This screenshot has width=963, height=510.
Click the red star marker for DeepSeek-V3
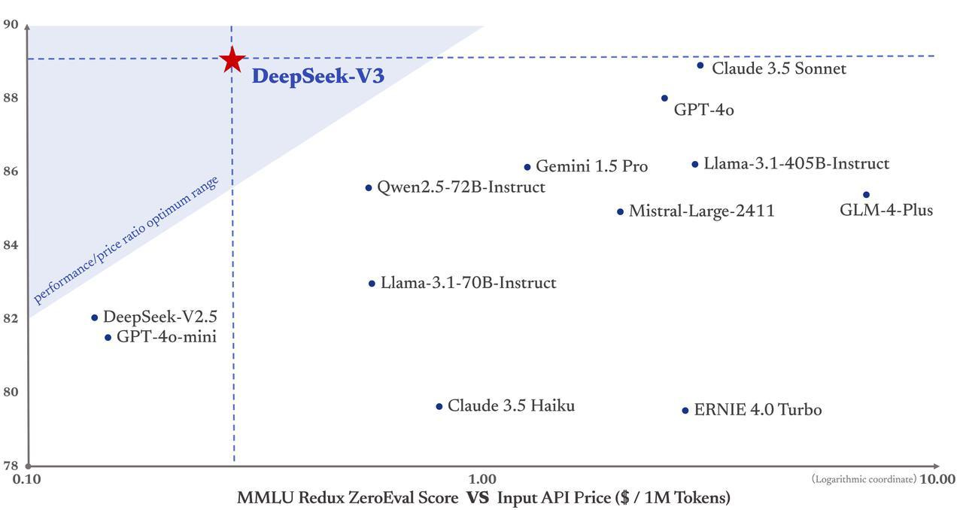[x=232, y=59]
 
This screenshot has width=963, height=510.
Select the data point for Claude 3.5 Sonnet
[x=700, y=65]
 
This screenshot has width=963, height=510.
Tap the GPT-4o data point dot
[x=664, y=99]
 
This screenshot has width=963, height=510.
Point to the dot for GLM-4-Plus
[x=866, y=195]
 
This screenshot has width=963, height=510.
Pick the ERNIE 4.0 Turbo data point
[x=685, y=411]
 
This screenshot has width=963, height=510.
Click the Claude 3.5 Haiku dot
[x=439, y=407]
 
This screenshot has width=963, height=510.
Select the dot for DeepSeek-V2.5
[x=94, y=317]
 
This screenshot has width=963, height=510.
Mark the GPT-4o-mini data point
[x=108, y=338]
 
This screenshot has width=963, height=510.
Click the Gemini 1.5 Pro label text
[x=591, y=167]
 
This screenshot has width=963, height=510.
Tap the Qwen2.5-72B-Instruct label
[x=460, y=187]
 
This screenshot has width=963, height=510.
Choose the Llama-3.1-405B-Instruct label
[x=796, y=164]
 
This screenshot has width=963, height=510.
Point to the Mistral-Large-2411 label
[x=701, y=211]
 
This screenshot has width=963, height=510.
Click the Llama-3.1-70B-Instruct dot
[x=372, y=284]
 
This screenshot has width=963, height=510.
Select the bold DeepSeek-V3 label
[x=317, y=77]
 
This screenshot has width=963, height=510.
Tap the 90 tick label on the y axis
[x=11, y=24]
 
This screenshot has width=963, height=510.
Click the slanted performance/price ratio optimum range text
[x=126, y=240]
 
